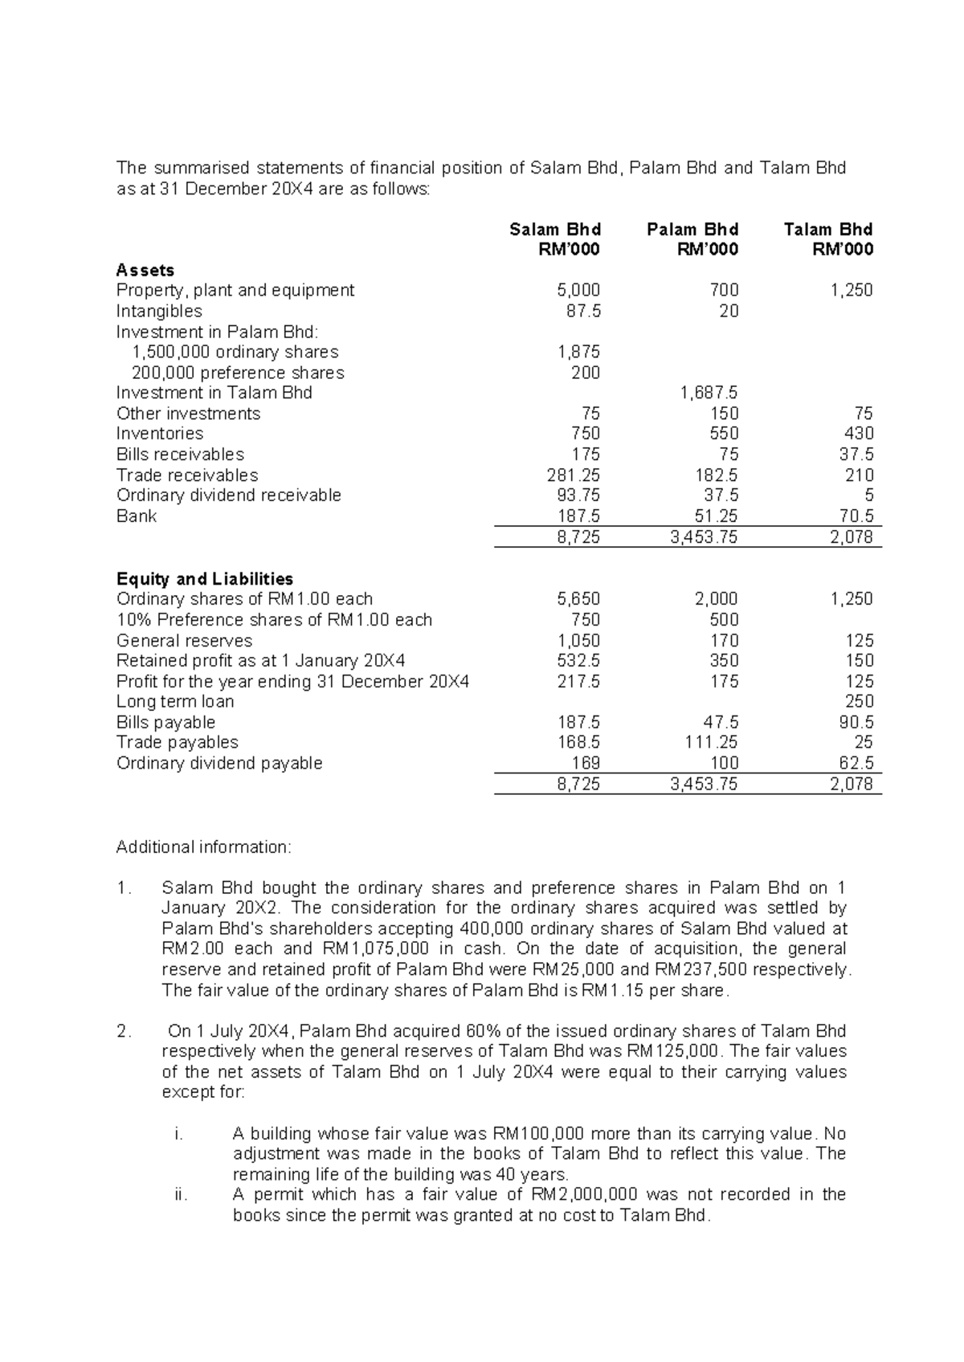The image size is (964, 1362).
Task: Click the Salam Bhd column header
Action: tap(555, 230)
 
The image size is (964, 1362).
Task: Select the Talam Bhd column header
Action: tap(828, 230)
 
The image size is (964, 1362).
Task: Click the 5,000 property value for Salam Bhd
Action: tap(578, 290)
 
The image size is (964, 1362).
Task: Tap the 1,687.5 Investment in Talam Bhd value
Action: tap(709, 393)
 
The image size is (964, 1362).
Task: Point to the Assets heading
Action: tap(145, 270)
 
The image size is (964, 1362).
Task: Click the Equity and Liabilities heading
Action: tap(205, 579)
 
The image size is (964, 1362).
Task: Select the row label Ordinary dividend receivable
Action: tap(229, 495)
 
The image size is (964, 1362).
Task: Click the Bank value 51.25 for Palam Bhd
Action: tap(715, 516)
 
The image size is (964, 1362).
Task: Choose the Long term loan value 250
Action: tap(859, 701)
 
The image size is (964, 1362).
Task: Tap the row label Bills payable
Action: tap(165, 722)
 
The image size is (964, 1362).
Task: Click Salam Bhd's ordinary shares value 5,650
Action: tap(578, 599)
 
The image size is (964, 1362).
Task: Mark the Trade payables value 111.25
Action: tap(711, 742)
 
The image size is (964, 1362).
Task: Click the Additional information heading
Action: tap(205, 847)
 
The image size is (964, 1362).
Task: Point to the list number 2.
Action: tap(123, 1031)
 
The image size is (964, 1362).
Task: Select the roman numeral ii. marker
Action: tap(180, 1195)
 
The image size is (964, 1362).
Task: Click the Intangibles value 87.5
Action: tap(583, 311)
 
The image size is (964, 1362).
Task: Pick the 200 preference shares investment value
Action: tap(586, 373)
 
